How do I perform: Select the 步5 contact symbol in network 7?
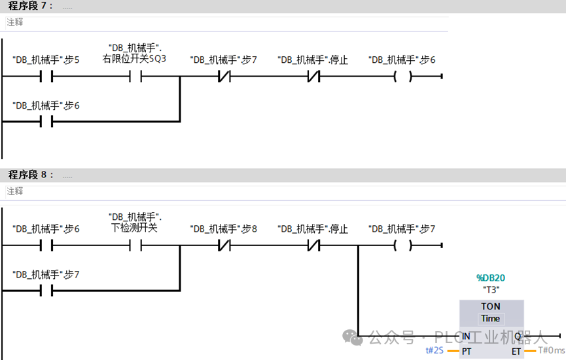coord(46,76)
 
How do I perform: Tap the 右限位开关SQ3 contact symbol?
coord(135,76)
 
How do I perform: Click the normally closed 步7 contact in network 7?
coord(224,76)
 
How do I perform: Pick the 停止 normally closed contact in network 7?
coord(313,76)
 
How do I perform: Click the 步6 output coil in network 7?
coord(402,76)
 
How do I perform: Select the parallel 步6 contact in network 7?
coord(46,121)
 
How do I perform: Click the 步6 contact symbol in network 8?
coord(46,245)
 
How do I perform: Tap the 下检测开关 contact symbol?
coord(135,245)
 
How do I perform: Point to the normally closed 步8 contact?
coord(224,245)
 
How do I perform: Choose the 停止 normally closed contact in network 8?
coord(313,245)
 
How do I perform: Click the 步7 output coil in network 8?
coord(402,245)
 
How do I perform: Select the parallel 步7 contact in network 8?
coord(46,291)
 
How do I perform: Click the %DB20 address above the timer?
coord(490,278)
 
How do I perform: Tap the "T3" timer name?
coord(490,290)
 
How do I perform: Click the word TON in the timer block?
coord(491,306)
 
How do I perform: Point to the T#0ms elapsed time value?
coord(551,351)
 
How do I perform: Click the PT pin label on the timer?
coord(467,351)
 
